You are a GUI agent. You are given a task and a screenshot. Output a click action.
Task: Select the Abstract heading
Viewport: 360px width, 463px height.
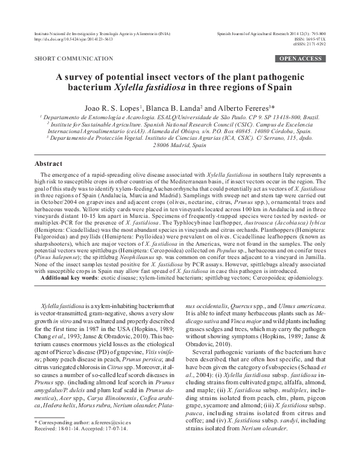tap(48, 164)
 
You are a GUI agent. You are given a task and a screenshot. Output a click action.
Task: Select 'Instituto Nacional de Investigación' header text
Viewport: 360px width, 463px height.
tap(66, 34)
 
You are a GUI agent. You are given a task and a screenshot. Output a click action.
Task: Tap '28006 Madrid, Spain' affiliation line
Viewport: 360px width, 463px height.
tap(180, 145)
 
